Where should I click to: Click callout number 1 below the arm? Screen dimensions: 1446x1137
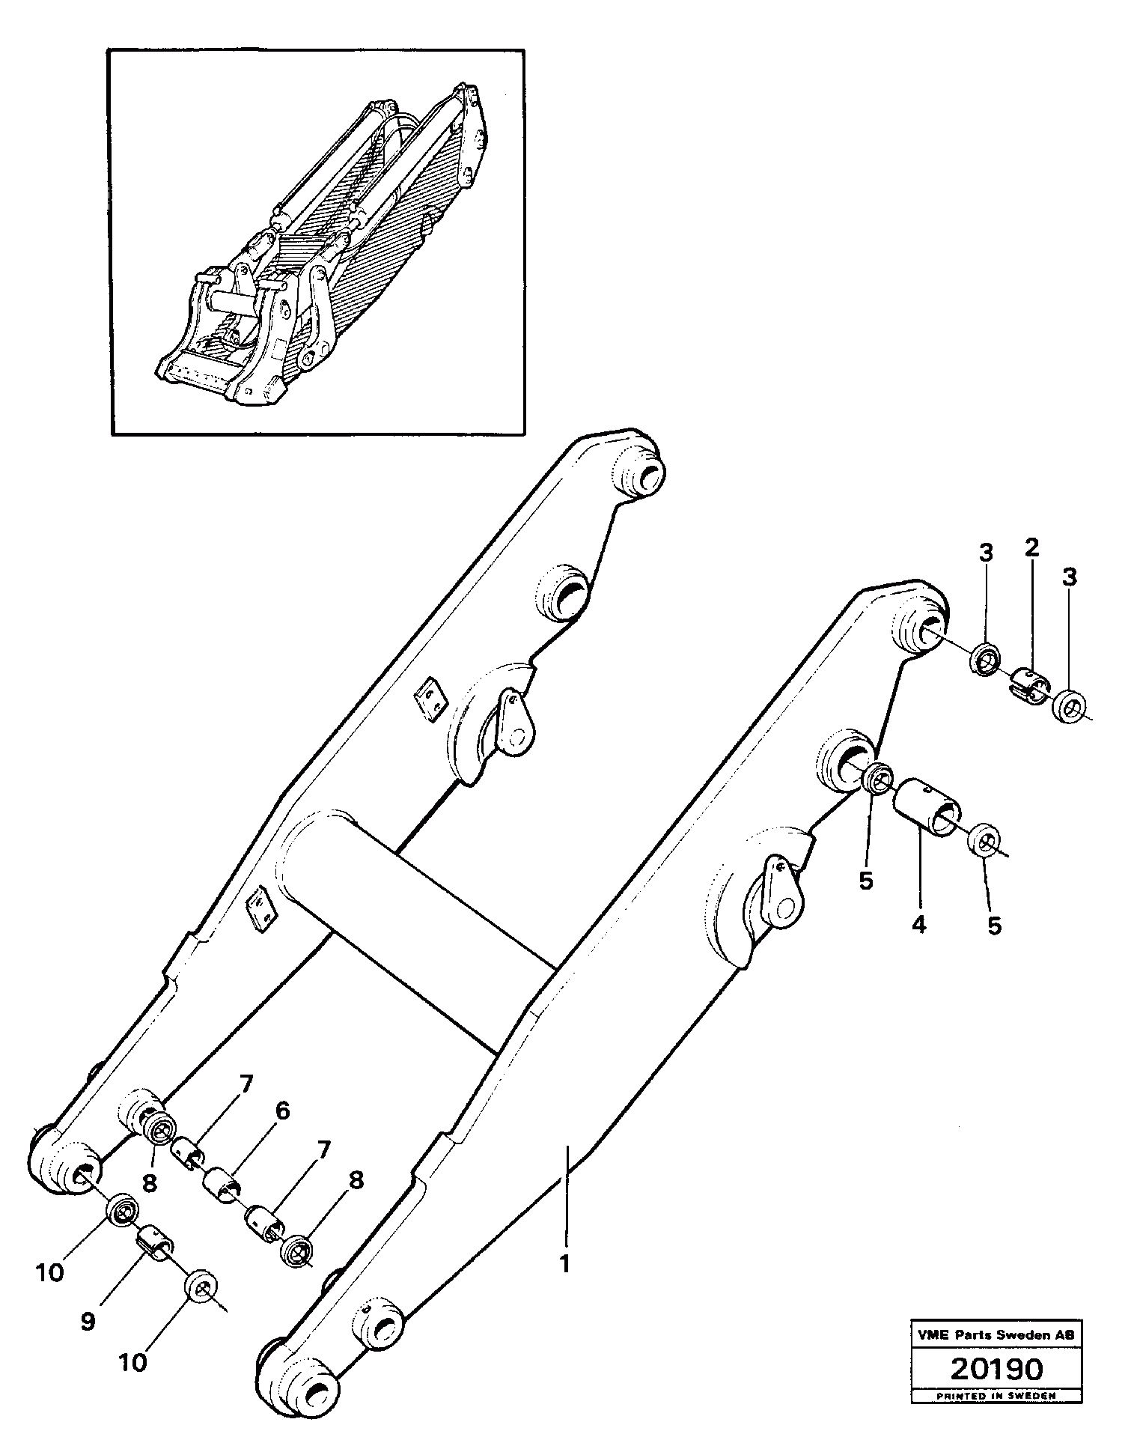pos(565,1264)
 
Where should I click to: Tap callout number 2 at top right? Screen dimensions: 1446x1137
pos(1031,547)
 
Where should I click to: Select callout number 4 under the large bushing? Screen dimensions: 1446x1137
pos(918,925)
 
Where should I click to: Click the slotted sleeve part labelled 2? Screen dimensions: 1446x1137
pos(1028,687)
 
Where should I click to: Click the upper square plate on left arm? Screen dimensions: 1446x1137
pos(431,699)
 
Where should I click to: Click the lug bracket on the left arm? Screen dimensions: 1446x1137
pos(515,723)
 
